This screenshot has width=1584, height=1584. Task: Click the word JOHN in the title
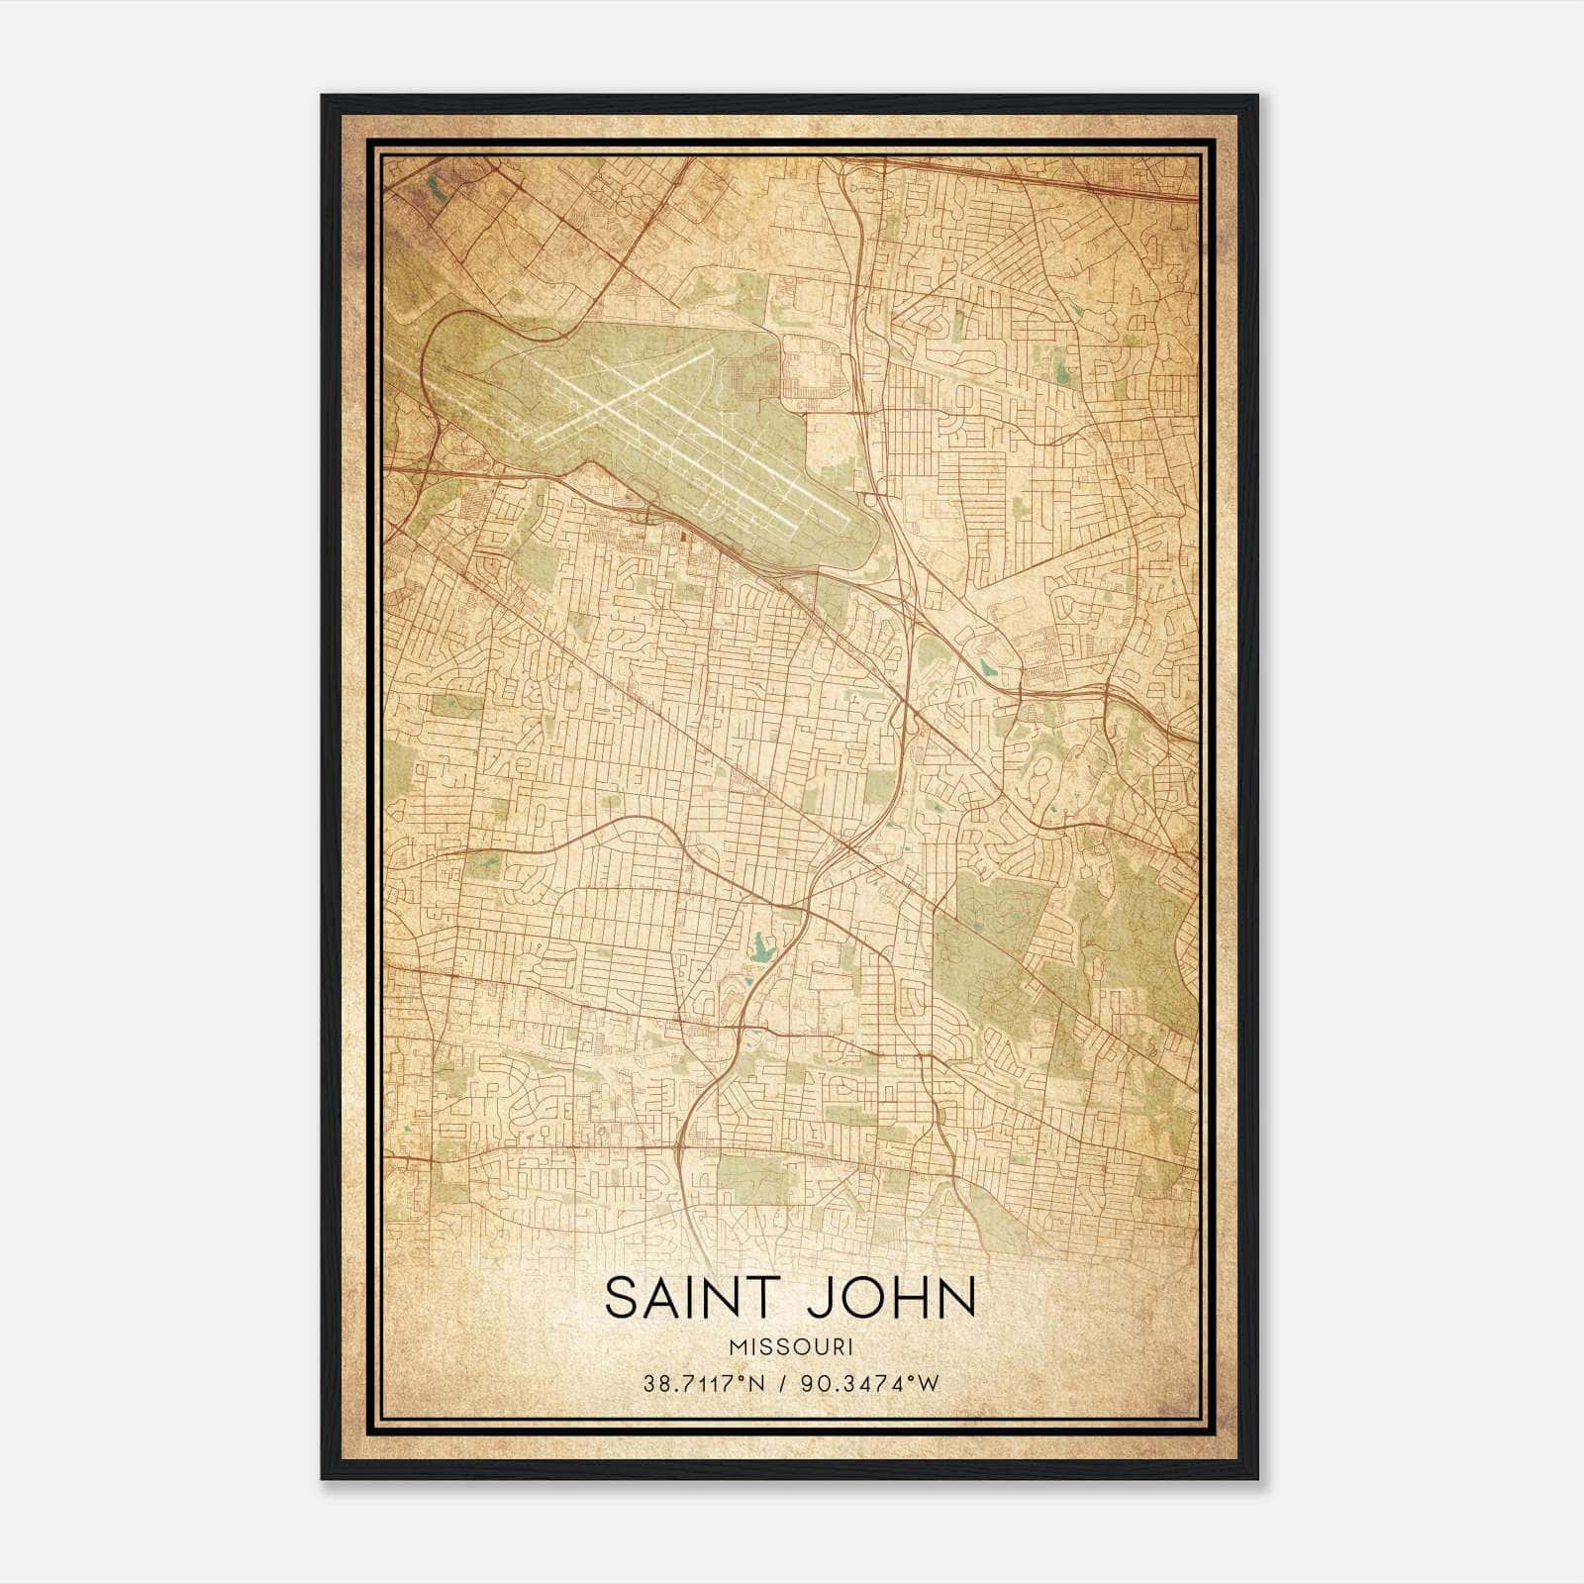pos(891,1298)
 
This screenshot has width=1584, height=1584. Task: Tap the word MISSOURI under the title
pos(790,1346)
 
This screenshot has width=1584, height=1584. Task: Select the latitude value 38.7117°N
pos(703,1383)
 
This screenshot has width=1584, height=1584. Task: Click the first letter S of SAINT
pos(622,1298)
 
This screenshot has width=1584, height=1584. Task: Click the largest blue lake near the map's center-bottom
pos(760,952)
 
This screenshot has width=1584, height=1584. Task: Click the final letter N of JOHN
pos(958,1298)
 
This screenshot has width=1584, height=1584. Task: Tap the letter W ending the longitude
pos(927,1383)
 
